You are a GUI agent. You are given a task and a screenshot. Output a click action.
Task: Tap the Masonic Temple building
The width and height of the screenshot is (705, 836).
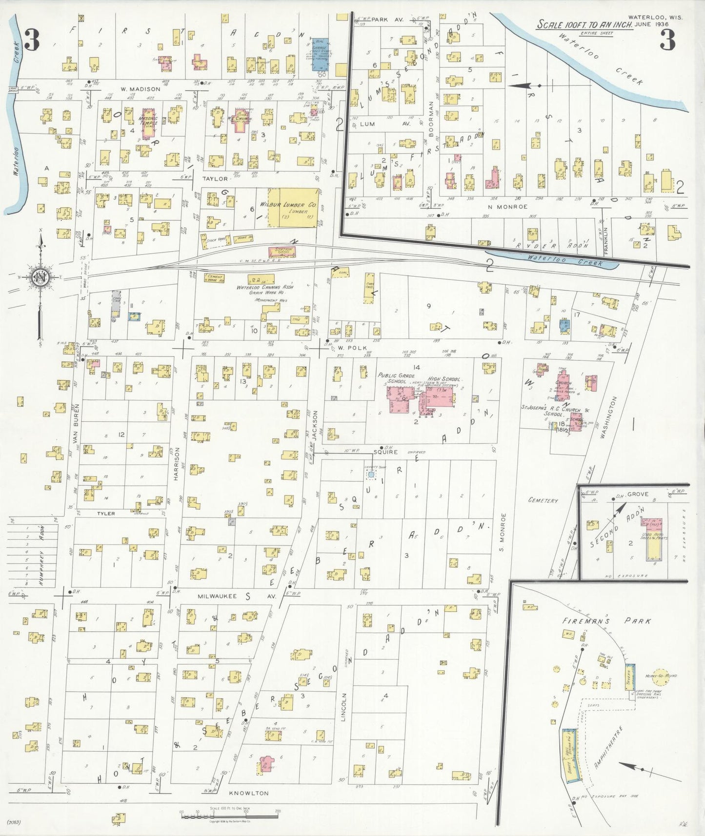(x=149, y=123)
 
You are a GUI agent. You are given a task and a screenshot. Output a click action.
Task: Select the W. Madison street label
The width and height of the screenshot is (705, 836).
(x=141, y=89)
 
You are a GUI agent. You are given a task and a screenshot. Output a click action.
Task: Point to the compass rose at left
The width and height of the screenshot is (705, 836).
(x=40, y=278)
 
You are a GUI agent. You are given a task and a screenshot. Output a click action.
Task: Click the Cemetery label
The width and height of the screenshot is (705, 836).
(x=543, y=500)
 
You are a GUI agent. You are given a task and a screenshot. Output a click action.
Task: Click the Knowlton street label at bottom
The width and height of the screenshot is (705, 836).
(x=248, y=793)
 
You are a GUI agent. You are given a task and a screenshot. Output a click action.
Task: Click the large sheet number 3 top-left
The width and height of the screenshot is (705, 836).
(x=31, y=40)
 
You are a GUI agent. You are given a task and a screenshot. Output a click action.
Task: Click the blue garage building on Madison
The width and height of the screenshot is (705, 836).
(x=320, y=56)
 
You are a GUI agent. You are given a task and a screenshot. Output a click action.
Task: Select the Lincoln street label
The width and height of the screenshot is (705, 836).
(x=344, y=707)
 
